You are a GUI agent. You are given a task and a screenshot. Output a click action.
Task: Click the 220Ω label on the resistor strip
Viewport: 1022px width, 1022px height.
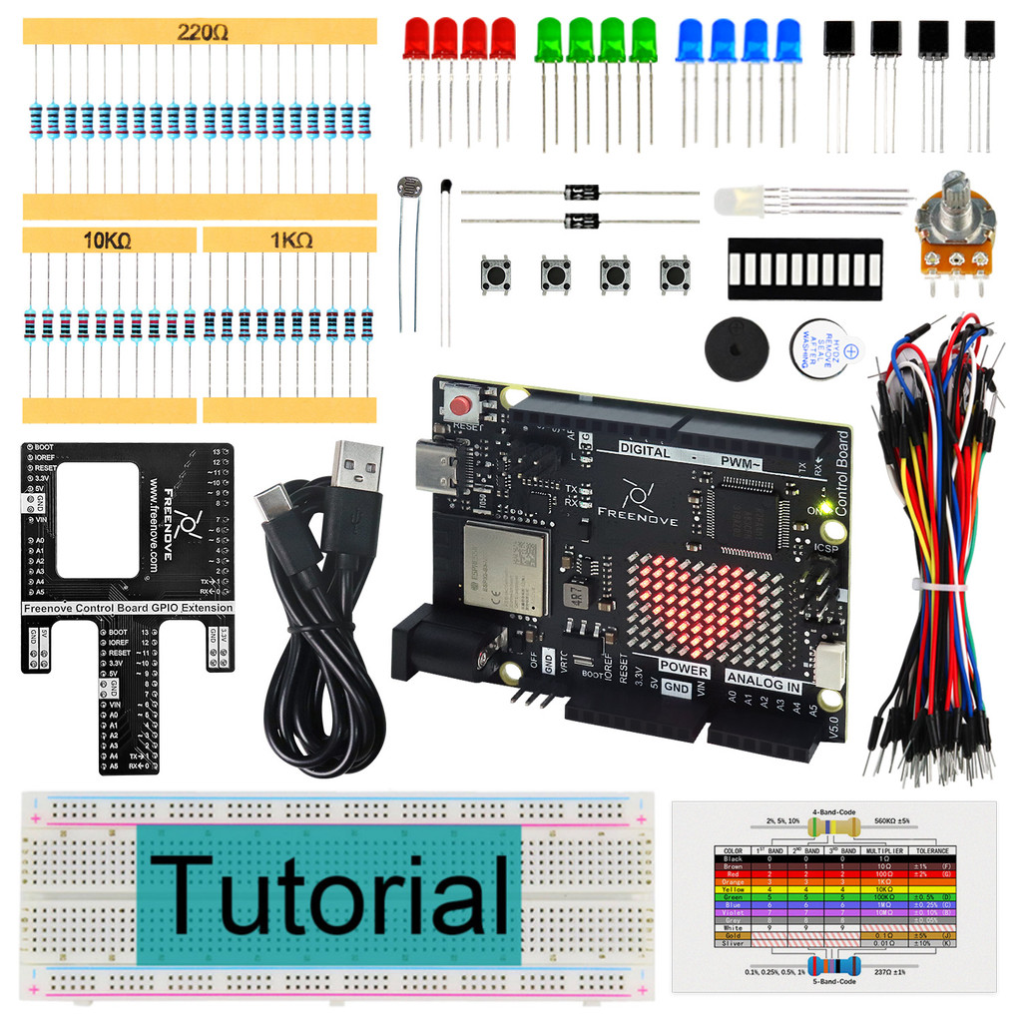pyautogui.click(x=203, y=32)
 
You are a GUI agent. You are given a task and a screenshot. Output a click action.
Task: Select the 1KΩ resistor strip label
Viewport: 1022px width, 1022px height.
pyautogui.click(x=288, y=241)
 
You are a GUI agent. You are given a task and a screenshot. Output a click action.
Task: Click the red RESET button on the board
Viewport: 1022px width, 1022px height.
pyautogui.click(x=461, y=405)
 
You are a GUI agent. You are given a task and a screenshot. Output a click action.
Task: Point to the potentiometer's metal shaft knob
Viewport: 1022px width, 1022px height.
pyautogui.click(x=953, y=190)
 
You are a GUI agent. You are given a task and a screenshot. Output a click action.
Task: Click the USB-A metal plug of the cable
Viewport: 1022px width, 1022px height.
pyautogui.click(x=356, y=465)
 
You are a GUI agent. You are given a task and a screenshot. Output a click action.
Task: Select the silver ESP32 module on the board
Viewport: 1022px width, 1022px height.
pyautogui.click(x=504, y=568)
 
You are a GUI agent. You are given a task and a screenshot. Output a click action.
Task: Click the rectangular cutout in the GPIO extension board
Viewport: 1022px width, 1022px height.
pyautogui.click(x=97, y=519)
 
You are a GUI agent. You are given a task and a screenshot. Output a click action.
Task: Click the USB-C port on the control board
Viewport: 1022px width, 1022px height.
pyautogui.click(x=438, y=465)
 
